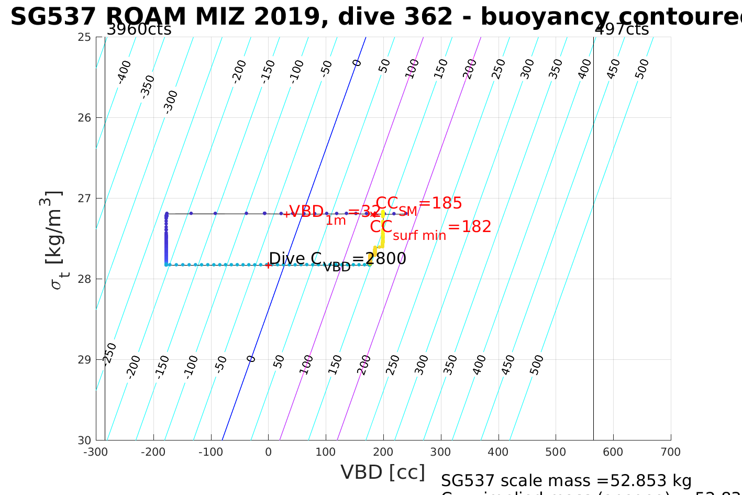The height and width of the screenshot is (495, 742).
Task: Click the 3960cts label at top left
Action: point(139,29)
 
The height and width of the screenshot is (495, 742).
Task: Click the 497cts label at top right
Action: point(622,29)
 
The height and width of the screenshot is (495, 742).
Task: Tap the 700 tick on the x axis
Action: point(671,452)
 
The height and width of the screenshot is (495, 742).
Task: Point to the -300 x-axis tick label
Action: point(95,452)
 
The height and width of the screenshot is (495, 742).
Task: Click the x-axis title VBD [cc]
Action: point(383,472)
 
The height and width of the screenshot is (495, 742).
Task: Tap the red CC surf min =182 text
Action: point(430,228)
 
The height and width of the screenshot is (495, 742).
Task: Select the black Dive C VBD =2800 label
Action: point(337,260)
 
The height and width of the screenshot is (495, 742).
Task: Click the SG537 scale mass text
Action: point(566,481)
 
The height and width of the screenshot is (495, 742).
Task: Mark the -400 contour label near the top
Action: point(124,72)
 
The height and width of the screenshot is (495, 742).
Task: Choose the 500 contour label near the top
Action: point(642,69)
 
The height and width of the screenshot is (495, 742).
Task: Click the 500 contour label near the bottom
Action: point(537,365)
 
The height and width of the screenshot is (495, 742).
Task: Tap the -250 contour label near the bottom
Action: point(109,354)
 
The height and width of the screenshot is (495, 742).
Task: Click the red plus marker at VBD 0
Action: point(268,265)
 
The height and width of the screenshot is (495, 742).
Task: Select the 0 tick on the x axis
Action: point(268,452)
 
